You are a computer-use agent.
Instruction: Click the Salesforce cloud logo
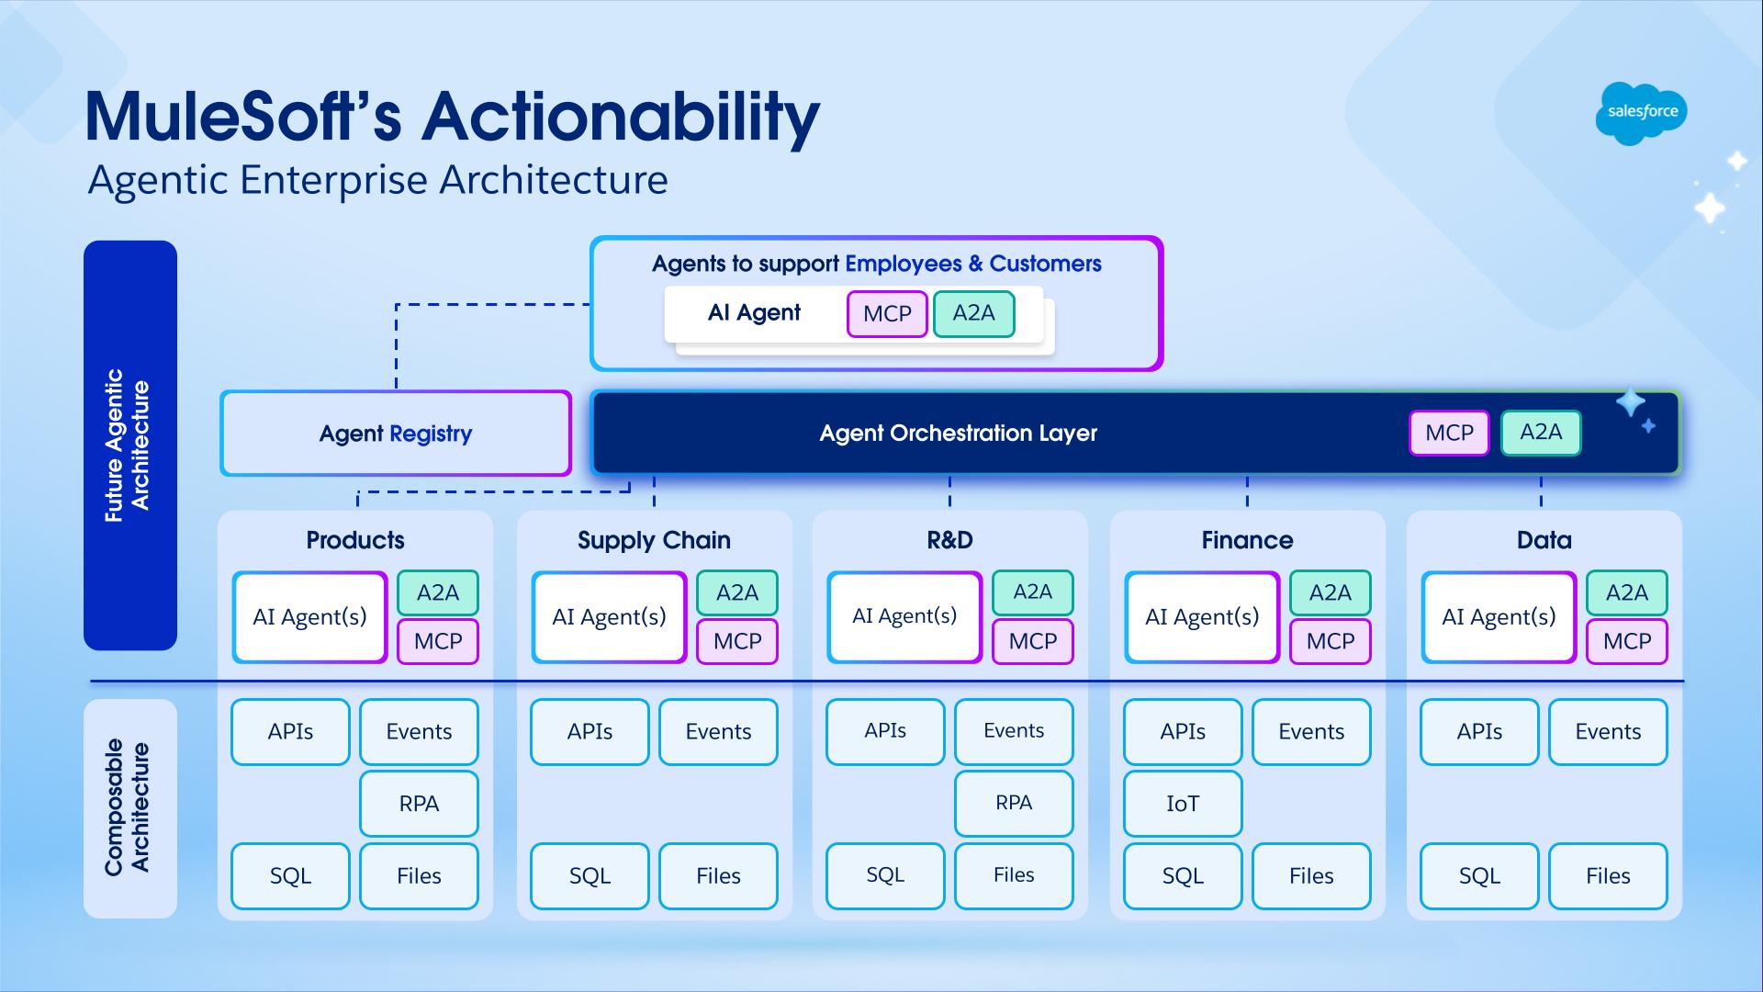click(x=1642, y=112)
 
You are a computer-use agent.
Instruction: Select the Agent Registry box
click(x=396, y=434)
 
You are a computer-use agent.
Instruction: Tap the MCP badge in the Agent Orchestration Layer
click(x=1449, y=433)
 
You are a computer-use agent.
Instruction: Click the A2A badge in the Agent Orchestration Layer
click(x=1541, y=433)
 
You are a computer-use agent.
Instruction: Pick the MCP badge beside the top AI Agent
click(x=887, y=314)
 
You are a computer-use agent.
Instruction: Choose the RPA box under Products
click(x=419, y=804)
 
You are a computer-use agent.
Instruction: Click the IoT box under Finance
click(x=1183, y=804)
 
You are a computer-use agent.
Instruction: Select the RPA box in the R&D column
click(x=1014, y=803)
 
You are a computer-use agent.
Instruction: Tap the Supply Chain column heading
click(x=654, y=540)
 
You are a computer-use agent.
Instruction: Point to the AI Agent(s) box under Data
click(x=1499, y=617)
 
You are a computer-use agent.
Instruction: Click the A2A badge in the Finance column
click(x=1330, y=593)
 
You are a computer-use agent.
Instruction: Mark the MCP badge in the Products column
click(x=438, y=641)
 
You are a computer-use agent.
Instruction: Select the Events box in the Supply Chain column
click(x=718, y=732)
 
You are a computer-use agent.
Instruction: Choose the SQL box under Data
click(x=1479, y=876)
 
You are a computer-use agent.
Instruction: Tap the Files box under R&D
click(x=1014, y=875)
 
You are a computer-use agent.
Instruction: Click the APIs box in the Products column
click(x=290, y=732)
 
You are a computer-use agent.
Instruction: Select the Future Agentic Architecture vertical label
click(x=129, y=445)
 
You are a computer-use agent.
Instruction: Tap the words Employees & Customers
click(x=972, y=265)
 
